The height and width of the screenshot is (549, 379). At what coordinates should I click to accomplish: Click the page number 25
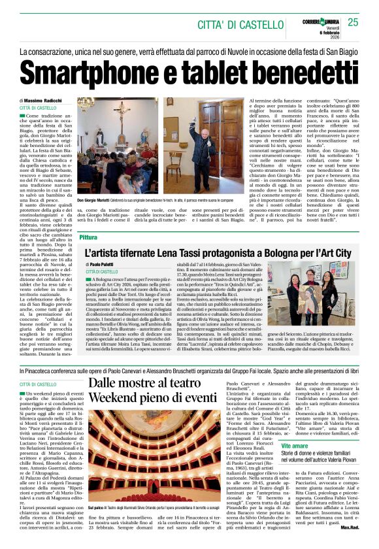[353, 22]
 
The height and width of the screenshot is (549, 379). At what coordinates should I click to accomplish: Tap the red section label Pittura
[88, 237]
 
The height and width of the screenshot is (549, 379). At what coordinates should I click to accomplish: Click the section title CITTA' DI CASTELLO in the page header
[235, 24]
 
